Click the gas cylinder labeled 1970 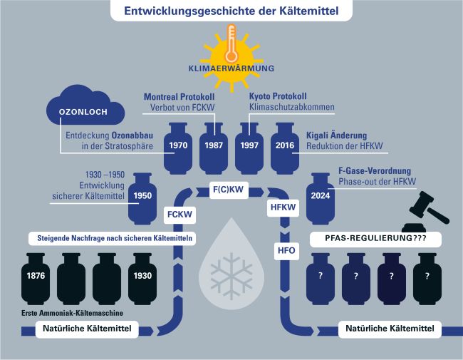[x=178, y=148]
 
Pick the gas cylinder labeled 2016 [x=286, y=148]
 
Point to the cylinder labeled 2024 [x=321, y=197]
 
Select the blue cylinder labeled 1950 [x=142, y=197]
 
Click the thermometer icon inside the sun [x=230, y=44]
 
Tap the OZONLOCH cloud [x=85, y=111]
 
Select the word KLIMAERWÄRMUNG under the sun [x=230, y=69]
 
